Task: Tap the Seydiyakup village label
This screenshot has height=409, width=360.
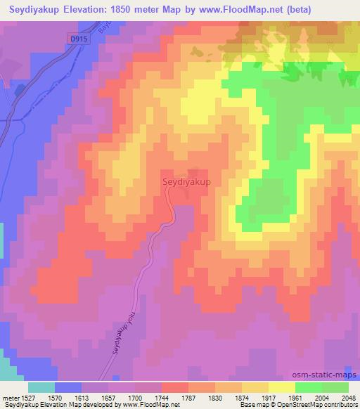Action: click(187, 181)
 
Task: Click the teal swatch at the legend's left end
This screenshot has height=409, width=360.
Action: click(41, 387)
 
